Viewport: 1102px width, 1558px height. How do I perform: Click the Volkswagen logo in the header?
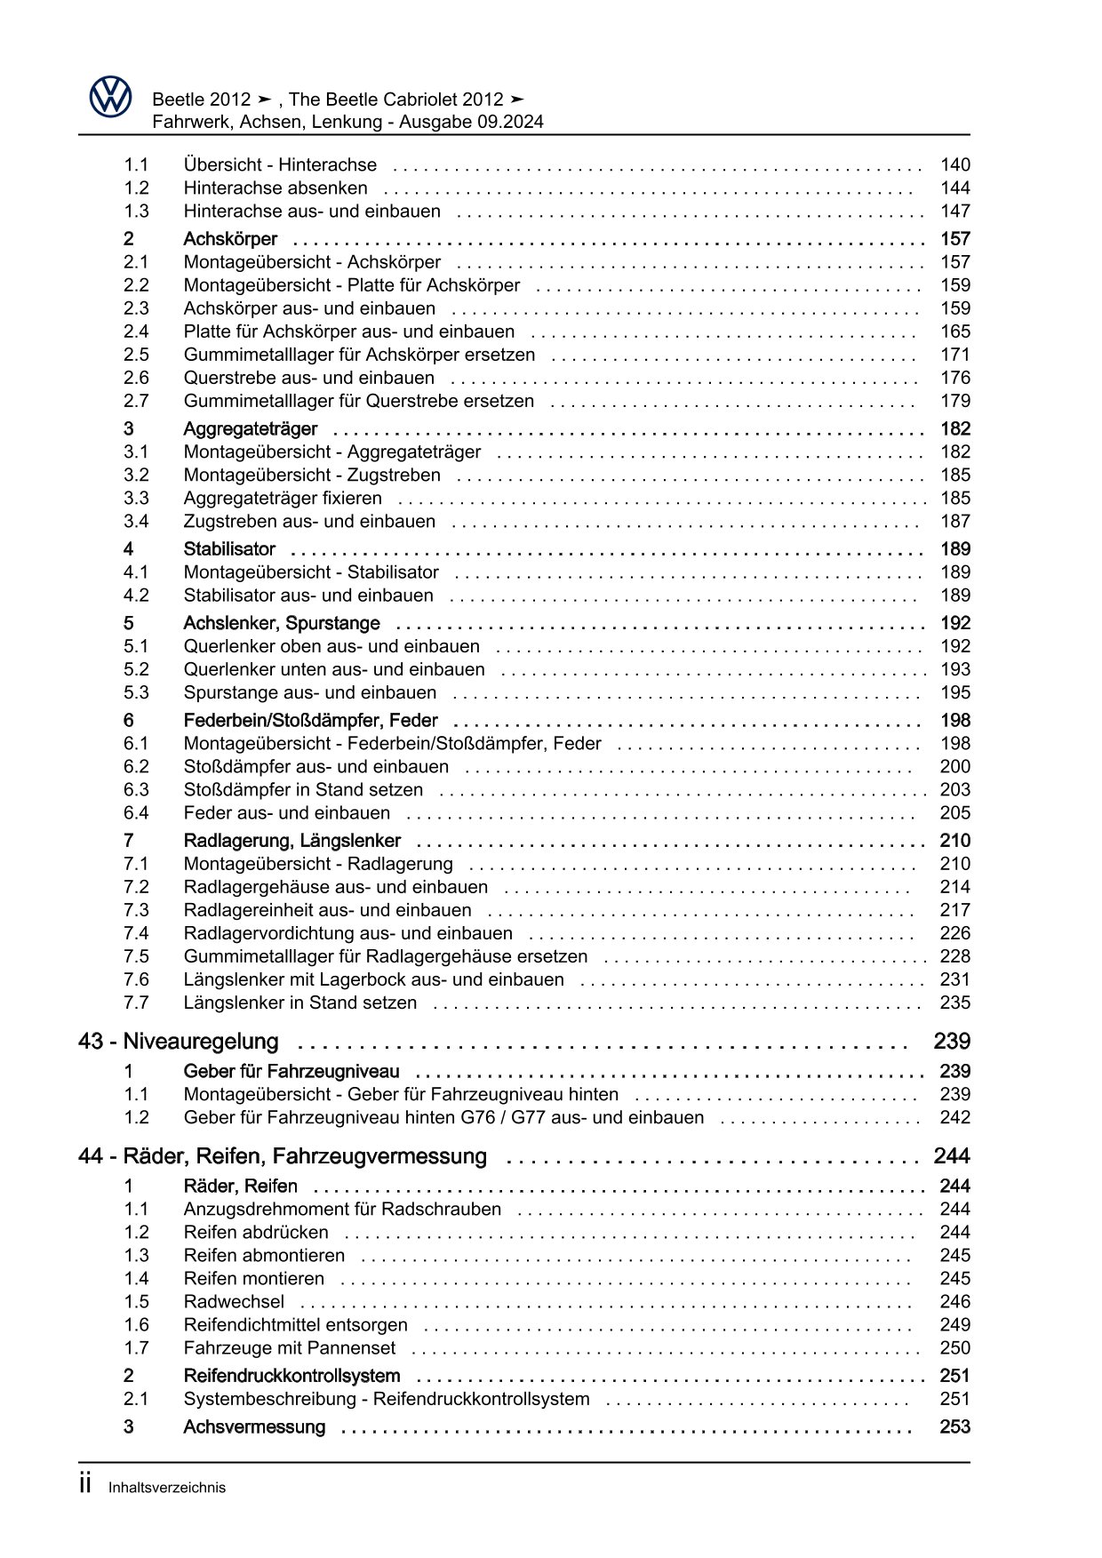point(110,96)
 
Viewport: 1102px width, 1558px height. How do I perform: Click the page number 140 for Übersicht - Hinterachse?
point(955,164)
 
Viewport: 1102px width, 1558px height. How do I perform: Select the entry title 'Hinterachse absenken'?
point(275,188)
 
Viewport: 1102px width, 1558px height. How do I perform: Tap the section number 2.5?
point(136,355)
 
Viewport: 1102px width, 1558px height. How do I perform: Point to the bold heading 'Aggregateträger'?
point(250,428)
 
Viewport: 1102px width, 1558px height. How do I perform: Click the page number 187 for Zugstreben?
point(955,521)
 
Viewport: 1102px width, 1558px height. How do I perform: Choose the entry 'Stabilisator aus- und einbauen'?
point(308,595)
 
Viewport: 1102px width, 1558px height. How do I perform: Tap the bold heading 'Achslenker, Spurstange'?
point(281,623)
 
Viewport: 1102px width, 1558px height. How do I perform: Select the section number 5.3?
point(136,692)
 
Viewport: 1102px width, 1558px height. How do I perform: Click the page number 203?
point(955,789)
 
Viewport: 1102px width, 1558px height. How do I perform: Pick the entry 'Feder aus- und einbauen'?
point(286,812)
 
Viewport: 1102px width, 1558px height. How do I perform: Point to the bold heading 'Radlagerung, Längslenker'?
point(291,840)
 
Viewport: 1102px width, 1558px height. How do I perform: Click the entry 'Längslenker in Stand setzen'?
point(299,1003)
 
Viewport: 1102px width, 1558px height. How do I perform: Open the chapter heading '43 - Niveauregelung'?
point(179,1041)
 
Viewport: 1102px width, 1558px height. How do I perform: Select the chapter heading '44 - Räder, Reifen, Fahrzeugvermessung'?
point(283,1155)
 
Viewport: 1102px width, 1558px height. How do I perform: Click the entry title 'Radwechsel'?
point(234,1301)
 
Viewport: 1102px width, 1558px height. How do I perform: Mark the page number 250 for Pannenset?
point(955,1347)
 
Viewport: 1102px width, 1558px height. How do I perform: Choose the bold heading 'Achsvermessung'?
point(254,1426)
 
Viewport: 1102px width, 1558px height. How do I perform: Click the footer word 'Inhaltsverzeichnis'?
point(167,1487)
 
